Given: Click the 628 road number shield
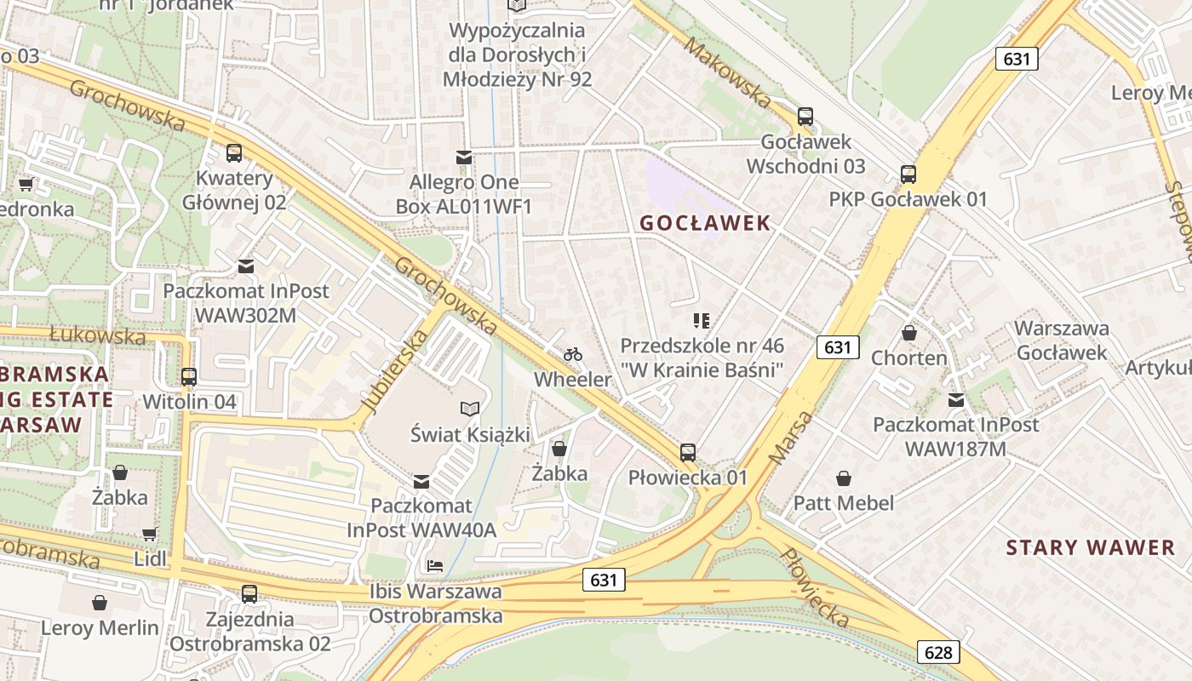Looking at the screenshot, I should (938, 652).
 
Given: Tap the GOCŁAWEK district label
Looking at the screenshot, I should (705, 223).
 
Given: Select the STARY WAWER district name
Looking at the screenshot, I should (1090, 547).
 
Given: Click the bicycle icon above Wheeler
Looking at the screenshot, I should (573, 354).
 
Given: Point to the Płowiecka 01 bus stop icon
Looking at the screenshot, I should (688, 453).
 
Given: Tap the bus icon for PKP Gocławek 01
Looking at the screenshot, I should (908, 175).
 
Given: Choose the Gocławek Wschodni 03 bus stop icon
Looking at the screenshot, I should (805, 117).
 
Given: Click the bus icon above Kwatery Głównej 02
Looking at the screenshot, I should (234, 153).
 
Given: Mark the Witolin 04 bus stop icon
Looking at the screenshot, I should (189, 376).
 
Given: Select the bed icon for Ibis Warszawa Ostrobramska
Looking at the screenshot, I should (435, 565).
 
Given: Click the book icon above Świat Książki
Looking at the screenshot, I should (470, 409).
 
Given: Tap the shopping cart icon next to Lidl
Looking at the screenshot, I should (150, 535).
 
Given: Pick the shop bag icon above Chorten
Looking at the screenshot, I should (909, 333).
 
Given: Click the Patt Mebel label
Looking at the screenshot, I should (843, 503).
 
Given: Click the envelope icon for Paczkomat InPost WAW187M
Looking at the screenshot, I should (956, 399).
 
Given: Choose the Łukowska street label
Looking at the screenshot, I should (97, 335).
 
